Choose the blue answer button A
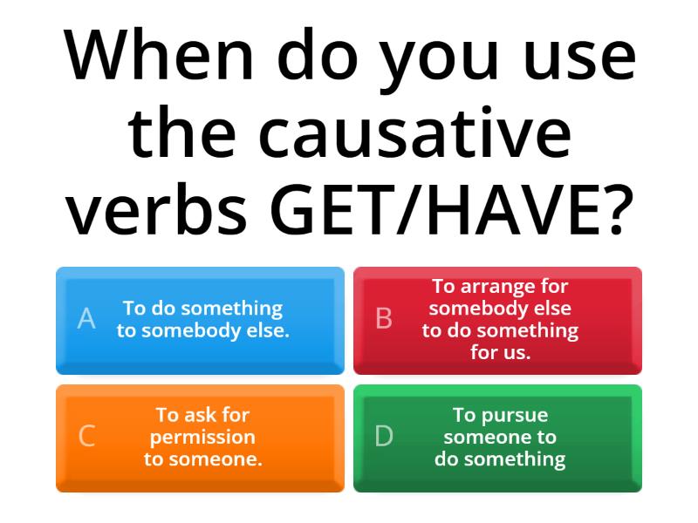[x=200, y=320]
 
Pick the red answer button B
[x=497, y=320]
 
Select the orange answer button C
[x=200, y=438]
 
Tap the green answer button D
[x=497, y=438]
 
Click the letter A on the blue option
[x=86, y=319]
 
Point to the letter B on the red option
[x=384, y=319]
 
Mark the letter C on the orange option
[x=86, y=437]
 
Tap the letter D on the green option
[x=384, y=437]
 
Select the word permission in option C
[x=202, y=437]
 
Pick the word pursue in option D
[x=513, y=415]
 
